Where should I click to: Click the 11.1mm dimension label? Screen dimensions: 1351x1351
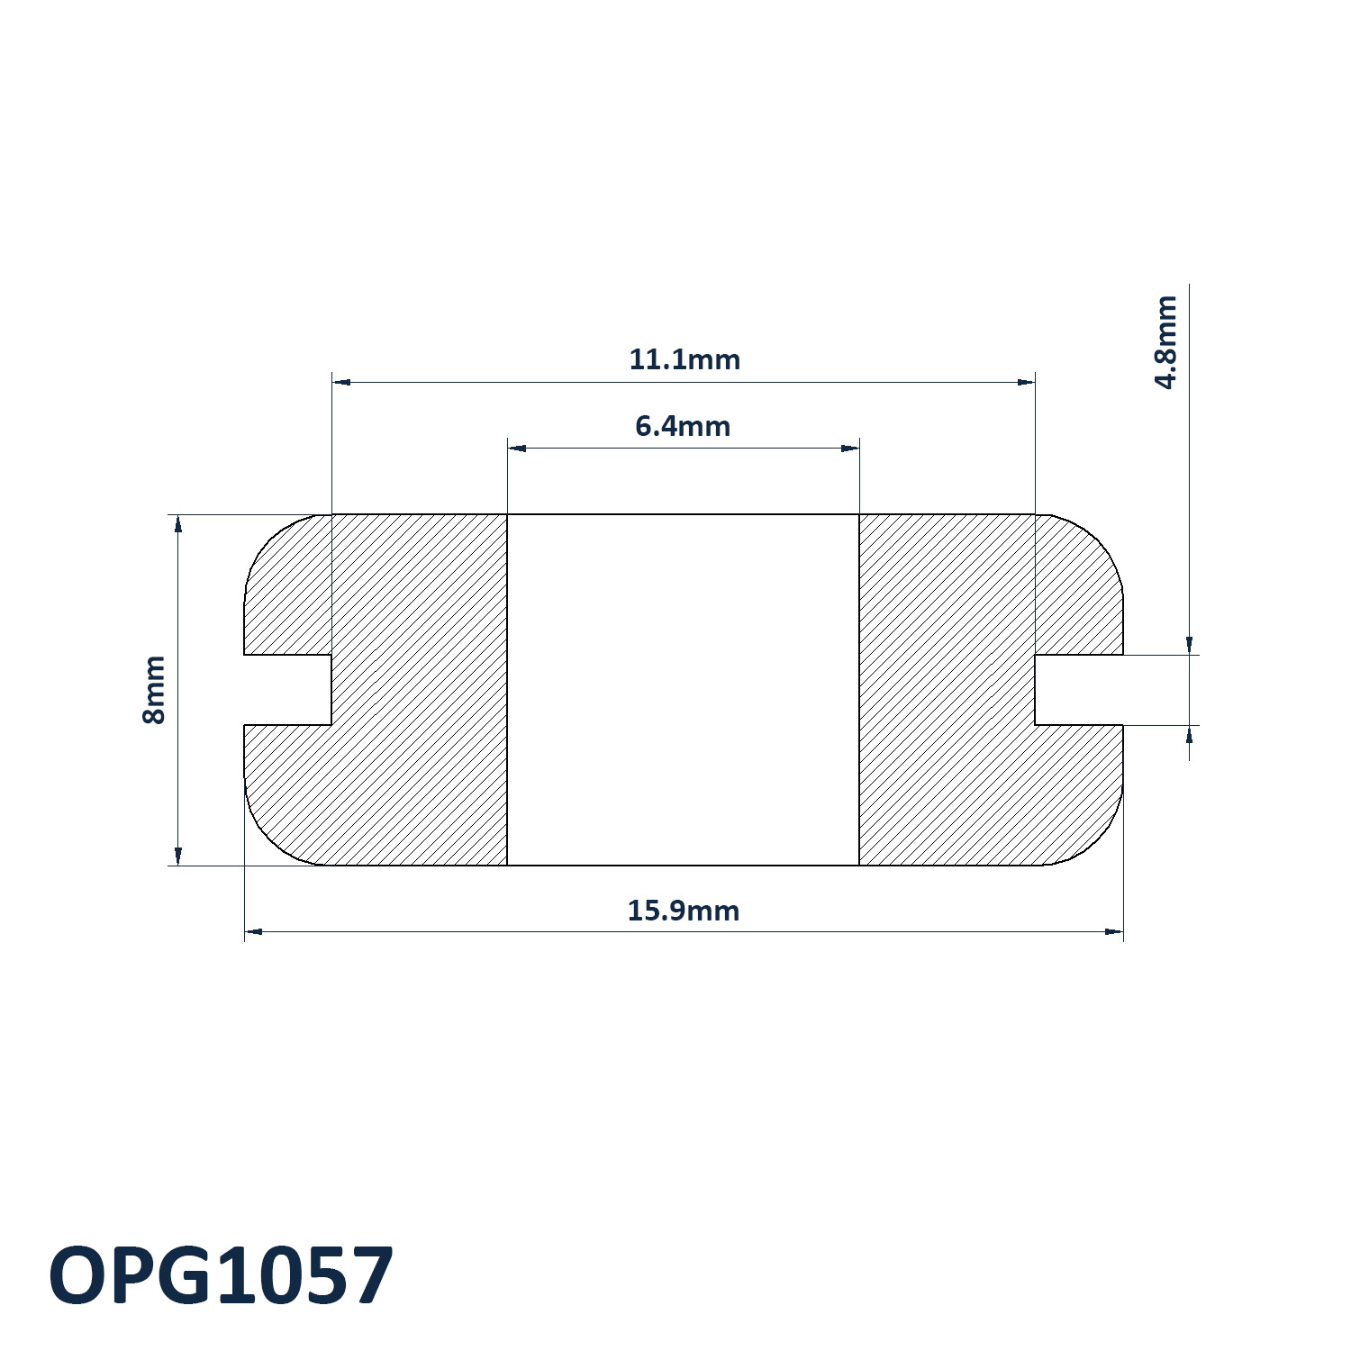(x=684, y=359)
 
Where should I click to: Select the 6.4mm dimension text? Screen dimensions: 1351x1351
(x=683, y=426)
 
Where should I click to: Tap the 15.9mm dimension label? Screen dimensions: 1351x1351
(x=683, y=911)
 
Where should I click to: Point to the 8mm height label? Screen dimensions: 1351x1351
(x=154, y=690)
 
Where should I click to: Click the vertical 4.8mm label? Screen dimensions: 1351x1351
(x=1165, y=341)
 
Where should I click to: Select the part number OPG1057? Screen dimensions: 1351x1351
(x=221, y=1275)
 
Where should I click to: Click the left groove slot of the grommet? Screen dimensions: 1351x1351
(x=288, y=690)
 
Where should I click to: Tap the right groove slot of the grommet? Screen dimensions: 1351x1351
(x=1079, y=690)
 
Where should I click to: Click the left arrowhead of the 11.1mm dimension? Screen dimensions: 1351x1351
(x=341, y=382)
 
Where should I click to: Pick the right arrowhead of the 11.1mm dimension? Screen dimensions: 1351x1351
(x=1026, y=382)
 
